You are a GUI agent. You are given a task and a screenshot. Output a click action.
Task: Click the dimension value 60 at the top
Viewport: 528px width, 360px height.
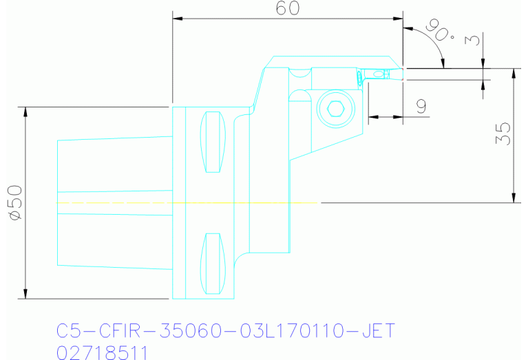point(288,8)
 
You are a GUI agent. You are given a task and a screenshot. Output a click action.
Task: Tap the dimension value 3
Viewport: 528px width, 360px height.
point(472,40)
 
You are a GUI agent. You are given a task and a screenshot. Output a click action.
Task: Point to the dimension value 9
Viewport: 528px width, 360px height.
point(421,106)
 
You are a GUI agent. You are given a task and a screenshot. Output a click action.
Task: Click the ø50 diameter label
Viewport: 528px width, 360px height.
point(15,202)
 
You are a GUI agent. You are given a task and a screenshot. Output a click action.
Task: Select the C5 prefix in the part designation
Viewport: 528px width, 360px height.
point(67,332)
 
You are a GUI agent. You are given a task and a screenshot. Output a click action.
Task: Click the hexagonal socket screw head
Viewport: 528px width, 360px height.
point(336,109)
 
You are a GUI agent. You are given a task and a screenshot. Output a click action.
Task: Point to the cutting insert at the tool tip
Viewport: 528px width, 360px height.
point(378,73)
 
